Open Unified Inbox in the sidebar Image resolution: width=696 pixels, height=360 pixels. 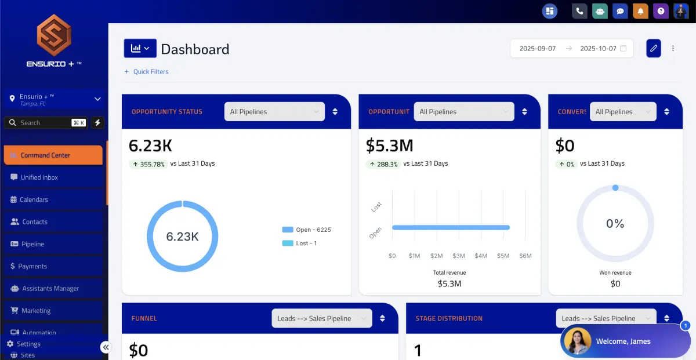pos(39,177)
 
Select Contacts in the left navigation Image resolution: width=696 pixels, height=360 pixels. pos(34,222)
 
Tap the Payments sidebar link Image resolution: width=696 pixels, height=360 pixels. pos(32,266)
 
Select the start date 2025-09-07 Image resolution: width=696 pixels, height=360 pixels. pos(538,49)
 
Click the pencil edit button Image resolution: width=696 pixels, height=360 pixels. pos(654,49)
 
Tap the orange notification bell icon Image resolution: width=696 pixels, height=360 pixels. pos(641,11)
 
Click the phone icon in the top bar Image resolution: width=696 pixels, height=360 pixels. pos(579,11)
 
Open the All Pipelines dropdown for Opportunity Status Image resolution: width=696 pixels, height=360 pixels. pos(274,112)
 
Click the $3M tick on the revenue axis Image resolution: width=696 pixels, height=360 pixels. pos(459,256)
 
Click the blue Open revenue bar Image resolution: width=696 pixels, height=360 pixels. pos(451,227)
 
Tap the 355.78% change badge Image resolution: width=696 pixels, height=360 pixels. pos(148,164)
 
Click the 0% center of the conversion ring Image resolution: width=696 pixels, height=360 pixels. pos(615,224)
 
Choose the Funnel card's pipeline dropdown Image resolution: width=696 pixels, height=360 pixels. pos(322,318)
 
